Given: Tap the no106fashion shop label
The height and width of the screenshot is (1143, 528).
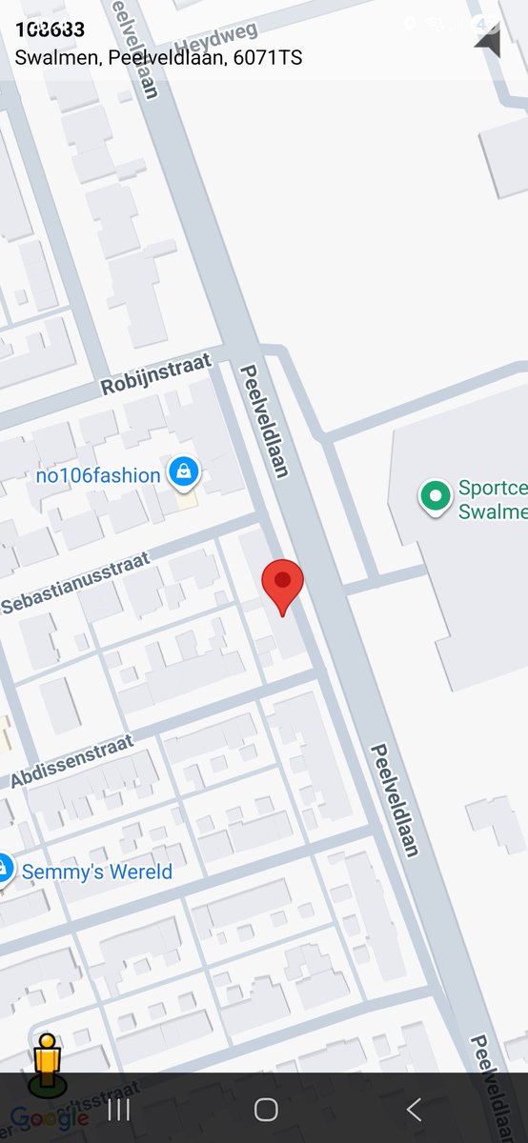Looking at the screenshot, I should [x=98, y=475].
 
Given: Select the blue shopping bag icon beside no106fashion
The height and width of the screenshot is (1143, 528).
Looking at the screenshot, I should [x=183, y=471].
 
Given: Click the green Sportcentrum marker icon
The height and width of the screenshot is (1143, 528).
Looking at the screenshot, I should [x=436, y=495].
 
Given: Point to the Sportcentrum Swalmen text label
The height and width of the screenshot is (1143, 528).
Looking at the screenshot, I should [x=492, y=500].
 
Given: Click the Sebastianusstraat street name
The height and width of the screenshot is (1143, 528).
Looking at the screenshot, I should [x=75, y=582].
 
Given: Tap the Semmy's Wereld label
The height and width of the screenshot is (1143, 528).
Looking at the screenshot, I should [x=97, y=872].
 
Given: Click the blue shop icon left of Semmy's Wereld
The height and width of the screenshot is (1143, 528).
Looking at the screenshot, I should [x=4, y=869].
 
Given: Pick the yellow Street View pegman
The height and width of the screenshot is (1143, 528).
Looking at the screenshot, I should [x=46, y=1063].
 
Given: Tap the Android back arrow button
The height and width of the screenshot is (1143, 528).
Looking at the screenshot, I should [x=414, y=1109].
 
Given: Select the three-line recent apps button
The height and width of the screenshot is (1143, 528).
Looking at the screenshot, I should [x=118, y=1109].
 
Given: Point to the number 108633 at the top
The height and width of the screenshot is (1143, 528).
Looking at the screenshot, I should [x=50, y=30].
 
